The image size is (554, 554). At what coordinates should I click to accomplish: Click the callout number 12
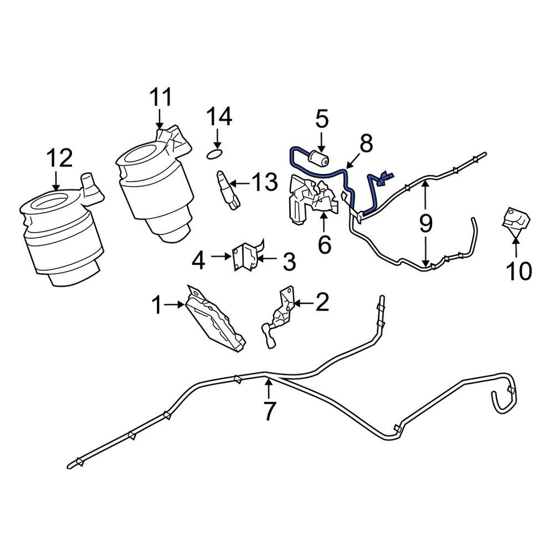tap(59, 159)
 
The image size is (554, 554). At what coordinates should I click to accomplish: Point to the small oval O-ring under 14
tap(216, 152)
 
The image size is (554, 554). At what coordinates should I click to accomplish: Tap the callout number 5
tap(322, 119)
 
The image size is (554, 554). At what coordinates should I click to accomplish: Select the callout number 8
tap(366, 145)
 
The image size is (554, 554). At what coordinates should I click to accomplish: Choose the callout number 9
tap(425, 223)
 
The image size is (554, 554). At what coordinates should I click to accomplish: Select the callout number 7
tap(269, 411)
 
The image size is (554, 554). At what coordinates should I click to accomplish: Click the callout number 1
tap(157, 304)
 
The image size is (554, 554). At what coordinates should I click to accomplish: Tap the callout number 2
tap(322, 302)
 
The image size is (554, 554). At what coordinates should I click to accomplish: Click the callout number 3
tap(289, 261)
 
